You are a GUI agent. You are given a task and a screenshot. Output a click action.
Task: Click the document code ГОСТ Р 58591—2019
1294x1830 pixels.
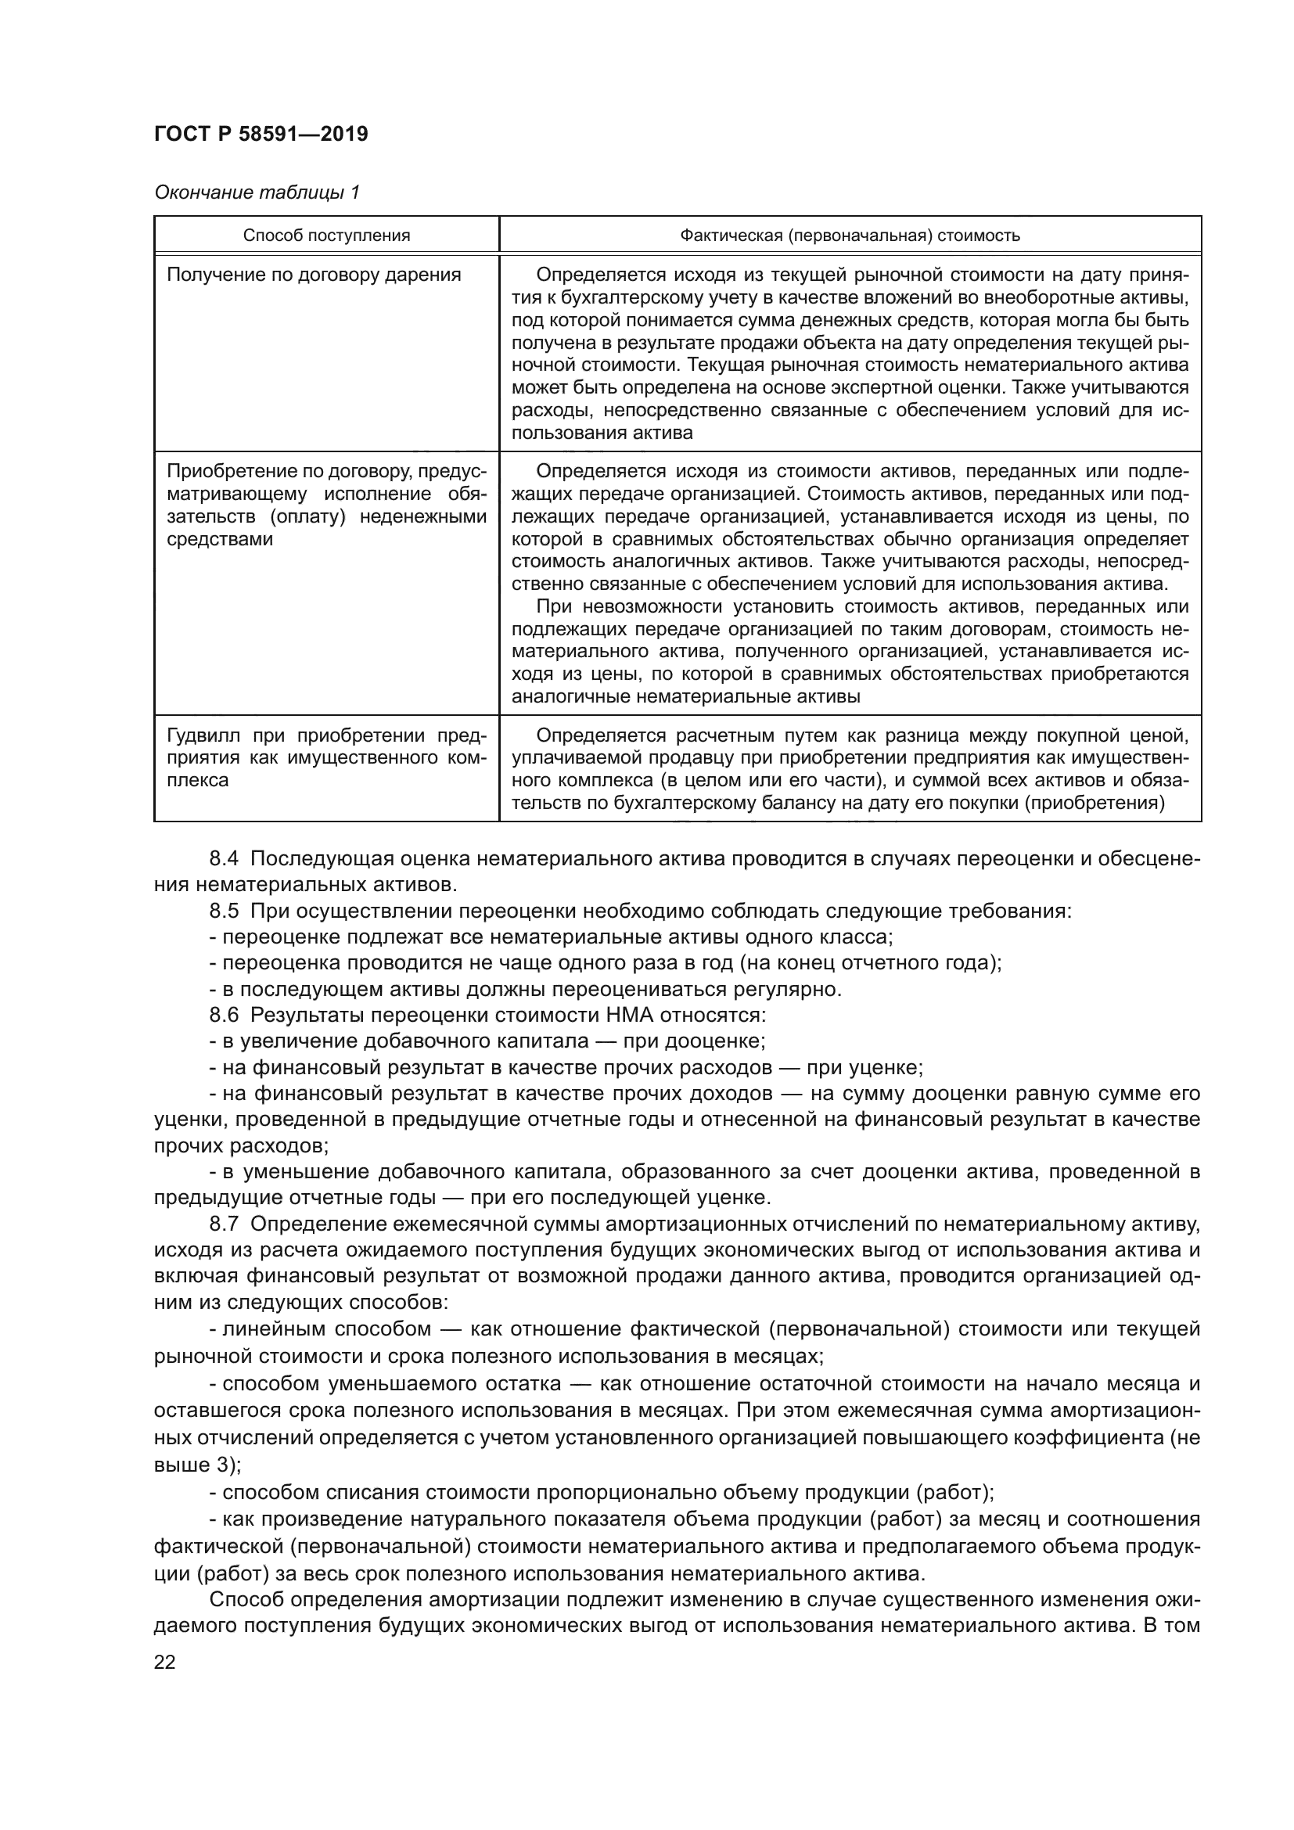pos(261,134)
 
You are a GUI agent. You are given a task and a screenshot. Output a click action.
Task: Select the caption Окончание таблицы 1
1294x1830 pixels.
pos(257,192)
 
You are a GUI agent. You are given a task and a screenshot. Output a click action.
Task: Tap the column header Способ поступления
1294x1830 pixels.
pos(327,235)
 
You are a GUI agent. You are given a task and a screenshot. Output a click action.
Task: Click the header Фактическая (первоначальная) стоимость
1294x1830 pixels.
pos(850,235)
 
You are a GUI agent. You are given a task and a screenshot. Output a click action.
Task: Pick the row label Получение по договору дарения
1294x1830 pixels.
pos(314,275)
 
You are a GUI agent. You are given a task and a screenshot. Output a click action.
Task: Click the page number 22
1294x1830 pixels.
pos(164,1662)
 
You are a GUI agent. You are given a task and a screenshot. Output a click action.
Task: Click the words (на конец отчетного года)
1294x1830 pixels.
pos(868,963)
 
